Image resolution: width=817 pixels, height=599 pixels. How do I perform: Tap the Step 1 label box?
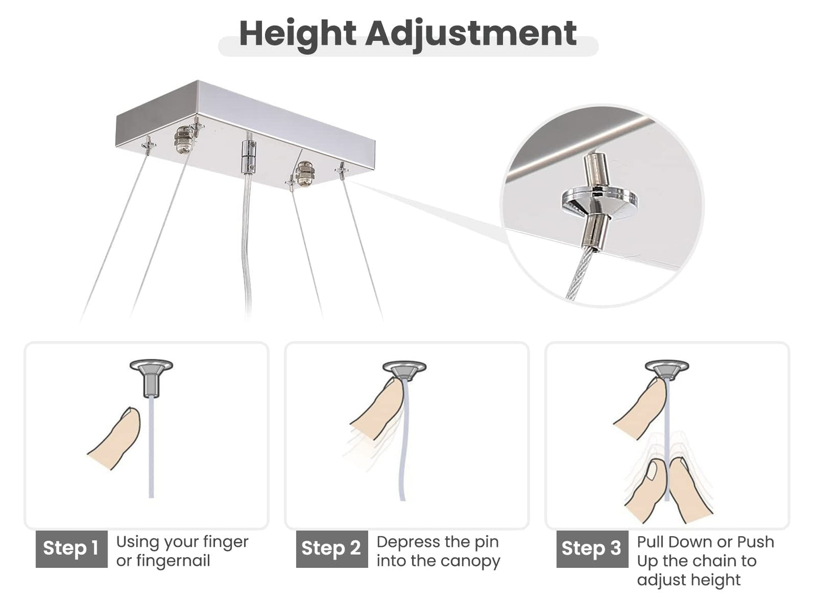[71, 549]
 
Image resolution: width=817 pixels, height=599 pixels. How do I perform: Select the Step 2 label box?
[332, 549]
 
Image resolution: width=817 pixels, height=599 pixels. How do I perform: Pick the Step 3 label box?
[593, 549]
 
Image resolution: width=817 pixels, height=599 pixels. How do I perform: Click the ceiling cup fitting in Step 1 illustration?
[152, 378]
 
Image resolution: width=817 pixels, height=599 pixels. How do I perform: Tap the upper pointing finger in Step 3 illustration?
[641, 407]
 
